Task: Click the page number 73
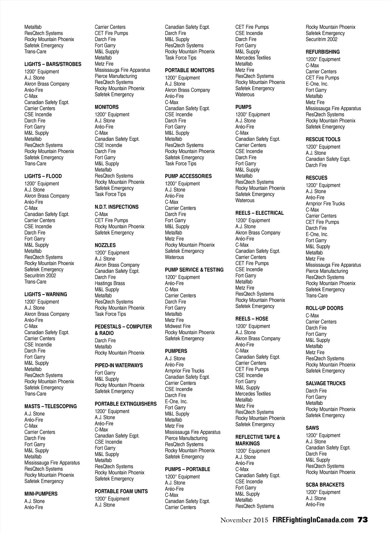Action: click(363, 520)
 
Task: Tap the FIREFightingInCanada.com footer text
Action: click(313, 520)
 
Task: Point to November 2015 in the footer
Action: click(244, 520)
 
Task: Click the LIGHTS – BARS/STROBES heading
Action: click(53, 64)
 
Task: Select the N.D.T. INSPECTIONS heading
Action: click(116, 207)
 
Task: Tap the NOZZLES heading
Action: click(105, 245)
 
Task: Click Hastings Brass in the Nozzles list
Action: click(110, 283)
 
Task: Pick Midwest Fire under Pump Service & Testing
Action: click(178, 326)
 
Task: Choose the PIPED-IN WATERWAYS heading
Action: click(118, 366)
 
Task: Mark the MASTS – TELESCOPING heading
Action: click(50, 406)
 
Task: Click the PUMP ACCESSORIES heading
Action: click(188, 176)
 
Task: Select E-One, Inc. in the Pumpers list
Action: click(176, 401)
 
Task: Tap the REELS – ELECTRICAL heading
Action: click(259, 213)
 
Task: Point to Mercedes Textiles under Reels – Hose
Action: click(253, 394)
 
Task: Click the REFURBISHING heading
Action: click(322, 52)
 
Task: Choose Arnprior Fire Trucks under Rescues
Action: click(325, 204)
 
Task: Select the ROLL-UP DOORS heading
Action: click(324, 308)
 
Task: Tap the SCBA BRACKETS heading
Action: click(325, 485)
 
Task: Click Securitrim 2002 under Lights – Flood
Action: click(40, 275)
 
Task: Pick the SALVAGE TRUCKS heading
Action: click(325, 383)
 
